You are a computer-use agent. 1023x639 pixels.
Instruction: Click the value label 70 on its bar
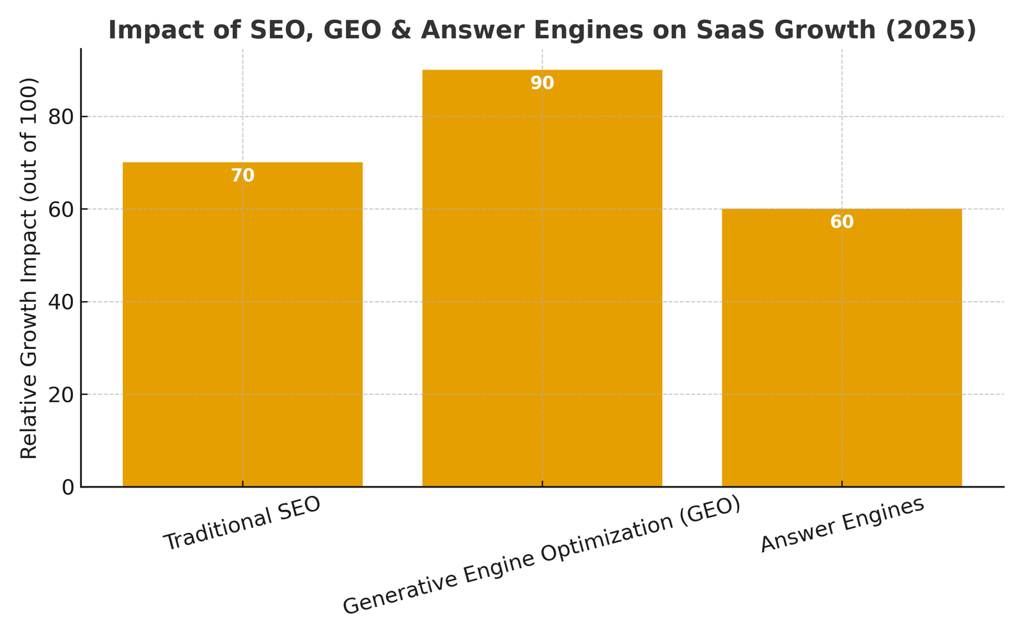click(242, 176)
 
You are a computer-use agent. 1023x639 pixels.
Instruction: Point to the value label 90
click(542, 83)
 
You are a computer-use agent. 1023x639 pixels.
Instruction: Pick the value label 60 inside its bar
click(841, 222)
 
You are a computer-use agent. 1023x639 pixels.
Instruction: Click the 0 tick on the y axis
click(68, 488)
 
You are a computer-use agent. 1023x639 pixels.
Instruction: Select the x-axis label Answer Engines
click(843, 524)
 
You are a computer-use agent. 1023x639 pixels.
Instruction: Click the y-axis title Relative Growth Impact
click(29, 268)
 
